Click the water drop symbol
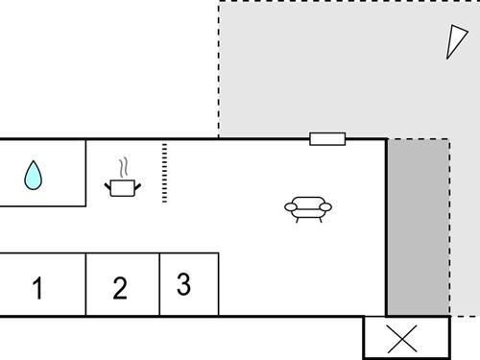pos(35,175)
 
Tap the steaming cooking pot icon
pos(123,186)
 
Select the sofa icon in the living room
pos(308,208)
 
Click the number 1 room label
pos(37,288)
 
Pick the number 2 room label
pos(120,288)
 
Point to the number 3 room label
pos(183,284)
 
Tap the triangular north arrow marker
pos(453,41)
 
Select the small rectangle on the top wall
pos(327,139)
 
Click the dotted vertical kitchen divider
pos(164,173)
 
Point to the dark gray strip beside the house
pos(419,228)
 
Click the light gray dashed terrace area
pos(326,67)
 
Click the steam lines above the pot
pos(123,167)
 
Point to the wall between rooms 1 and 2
pos(86,284)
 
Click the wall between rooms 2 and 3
pos(159,284)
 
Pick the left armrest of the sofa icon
pos(289,205)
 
